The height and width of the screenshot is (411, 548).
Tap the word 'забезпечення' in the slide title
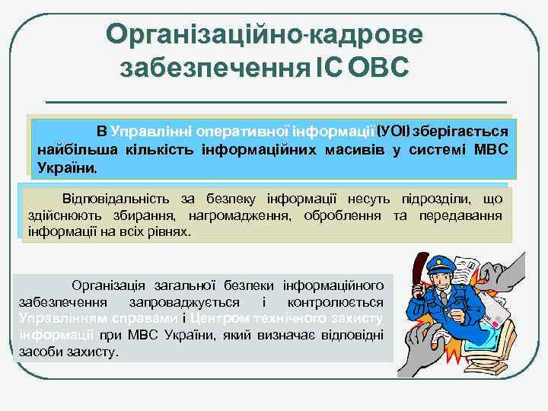214,68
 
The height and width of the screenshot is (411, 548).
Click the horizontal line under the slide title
276,101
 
